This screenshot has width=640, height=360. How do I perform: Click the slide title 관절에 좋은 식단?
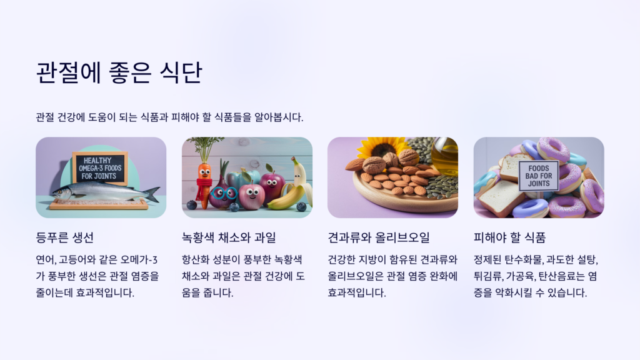pyautogui.click(x=119, y=73)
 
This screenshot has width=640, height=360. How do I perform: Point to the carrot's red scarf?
pyautogui.click(x=204, y=184)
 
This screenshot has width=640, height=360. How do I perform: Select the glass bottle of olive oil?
pyautogui.click(x=444, y=156)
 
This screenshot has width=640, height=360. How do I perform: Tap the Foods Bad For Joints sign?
pyautogui.click(x=538, y=175)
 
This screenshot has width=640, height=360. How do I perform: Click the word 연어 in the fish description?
pyautogui.click(x=46, y=259)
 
